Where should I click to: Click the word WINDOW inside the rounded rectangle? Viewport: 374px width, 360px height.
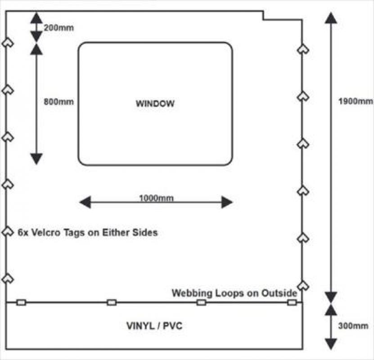[x=155, y=103]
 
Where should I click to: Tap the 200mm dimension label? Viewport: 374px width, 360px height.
[x=59, y=27]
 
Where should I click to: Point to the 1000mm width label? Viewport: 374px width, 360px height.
[x=156, y=198]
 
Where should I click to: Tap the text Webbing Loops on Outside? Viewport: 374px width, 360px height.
[x=234, y=293]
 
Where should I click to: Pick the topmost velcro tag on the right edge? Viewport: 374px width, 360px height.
[x=303, y=49]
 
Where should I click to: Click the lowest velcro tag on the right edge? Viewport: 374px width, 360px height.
[x=303, y=285]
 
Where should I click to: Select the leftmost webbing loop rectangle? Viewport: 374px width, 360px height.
[x=21, y=302]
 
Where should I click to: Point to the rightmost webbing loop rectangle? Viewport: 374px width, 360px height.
[x=292, y=302]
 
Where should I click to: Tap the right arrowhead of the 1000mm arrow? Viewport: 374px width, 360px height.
[x=227, y=202]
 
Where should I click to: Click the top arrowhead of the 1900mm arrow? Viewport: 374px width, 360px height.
[x=331, y=18]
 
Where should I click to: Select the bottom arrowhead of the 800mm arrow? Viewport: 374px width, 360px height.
[x=36, y=158]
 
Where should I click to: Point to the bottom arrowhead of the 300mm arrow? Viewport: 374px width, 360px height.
[x=331, y=344]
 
